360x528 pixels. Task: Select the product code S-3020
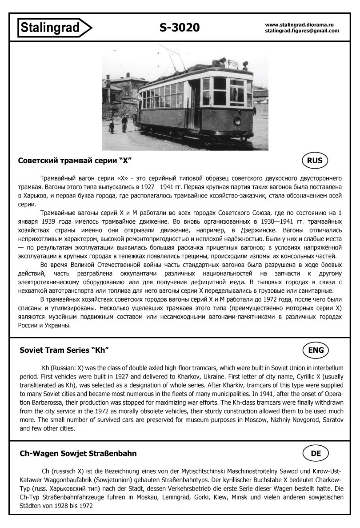pos(180,28)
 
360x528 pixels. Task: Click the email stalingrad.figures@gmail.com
pos(302,31)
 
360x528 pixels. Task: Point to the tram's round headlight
pos(237,121)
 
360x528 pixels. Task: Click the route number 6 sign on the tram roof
pos(229,63)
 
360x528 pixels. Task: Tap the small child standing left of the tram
pos(111,126)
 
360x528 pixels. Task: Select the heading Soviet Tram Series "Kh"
pos(64,351)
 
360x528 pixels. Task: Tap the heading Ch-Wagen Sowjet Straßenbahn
pos(78,453)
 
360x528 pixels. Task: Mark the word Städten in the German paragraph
pos(31,506)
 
